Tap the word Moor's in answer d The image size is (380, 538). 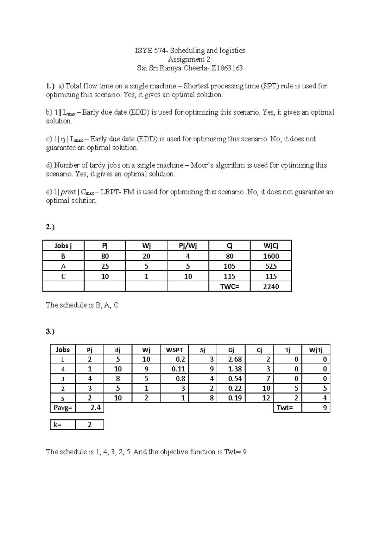202,165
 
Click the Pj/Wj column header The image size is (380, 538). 188,246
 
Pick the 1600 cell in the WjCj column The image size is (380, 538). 271,256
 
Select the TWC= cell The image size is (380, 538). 230,286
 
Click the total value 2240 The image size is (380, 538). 271,286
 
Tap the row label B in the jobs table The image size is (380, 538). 63,256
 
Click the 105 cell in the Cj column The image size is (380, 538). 230,266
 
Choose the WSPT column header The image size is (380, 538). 174,350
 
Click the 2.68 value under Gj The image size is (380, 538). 235,359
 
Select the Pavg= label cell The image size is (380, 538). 63,408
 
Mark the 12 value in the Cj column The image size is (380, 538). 266,398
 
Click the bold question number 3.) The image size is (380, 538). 50,332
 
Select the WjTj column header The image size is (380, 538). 316,350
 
